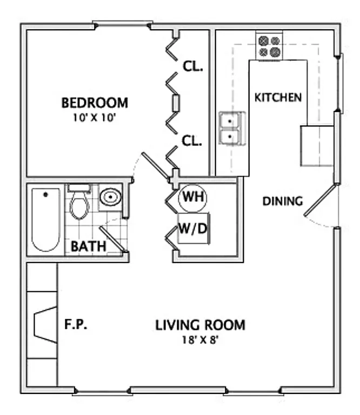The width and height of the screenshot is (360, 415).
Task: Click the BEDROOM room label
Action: pyautogui.click(x=95, y=102)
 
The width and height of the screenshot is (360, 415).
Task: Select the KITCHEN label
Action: pyautogui.click(x=278, y=98)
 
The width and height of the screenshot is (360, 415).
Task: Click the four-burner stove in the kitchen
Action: pyautogui.click(x=269, y=46)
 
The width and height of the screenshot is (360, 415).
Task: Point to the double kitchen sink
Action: pyautogui.click(x=232, y=129)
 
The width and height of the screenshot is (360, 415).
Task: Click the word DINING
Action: pyautogui.click(x=282, y=202)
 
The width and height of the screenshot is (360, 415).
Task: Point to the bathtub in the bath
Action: pyautogui.click(x=45, y=219)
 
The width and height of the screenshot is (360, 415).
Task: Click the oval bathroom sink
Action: pyautogui.click(x=111, y=197)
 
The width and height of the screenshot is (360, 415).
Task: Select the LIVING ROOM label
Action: pyautogui.click(x=200, y=325)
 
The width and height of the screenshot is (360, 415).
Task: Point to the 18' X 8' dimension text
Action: pyautogui.click(x=200, y=340)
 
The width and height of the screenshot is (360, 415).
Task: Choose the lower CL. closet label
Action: pyautogui.click(x=192, y=142)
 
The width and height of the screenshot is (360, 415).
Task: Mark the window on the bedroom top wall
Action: pyautogui.click(x=122, y=24)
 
